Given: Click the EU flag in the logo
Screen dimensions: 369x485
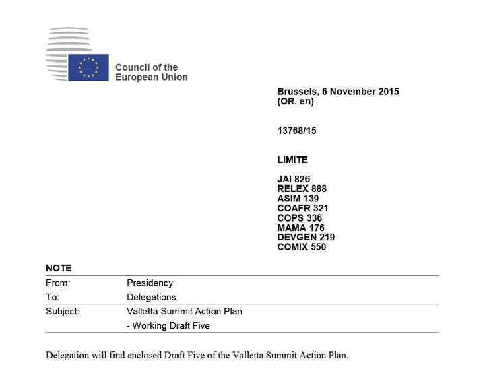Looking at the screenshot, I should click(88, 67).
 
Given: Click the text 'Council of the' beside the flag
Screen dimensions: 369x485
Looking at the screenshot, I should click(146, 67).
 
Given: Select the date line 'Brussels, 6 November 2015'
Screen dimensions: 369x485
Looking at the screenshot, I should click(337, 92).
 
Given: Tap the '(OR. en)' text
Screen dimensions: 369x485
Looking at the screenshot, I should click(295, 102).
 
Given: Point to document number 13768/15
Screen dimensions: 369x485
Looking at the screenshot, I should click(296, 131).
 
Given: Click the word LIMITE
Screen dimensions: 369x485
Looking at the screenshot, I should click(292, 160).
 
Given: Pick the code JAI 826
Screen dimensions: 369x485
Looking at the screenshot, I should click(293, 179).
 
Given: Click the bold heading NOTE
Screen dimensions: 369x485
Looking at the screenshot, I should click(59, 268).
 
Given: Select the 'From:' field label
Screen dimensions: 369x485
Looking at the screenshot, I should click(58, 283).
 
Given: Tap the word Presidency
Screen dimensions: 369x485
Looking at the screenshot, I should click(150, 283).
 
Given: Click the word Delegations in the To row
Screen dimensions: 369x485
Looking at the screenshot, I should click(151, 297).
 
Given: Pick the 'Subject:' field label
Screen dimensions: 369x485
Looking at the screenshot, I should click(63, 311).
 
